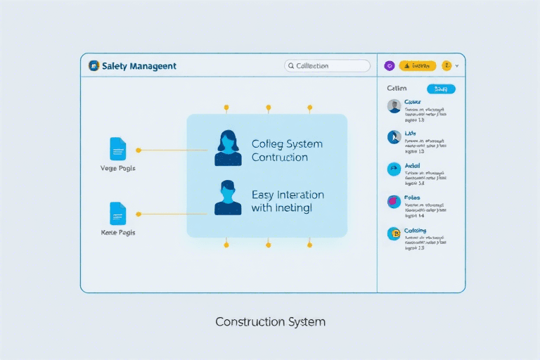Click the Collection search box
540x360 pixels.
click(327, 65)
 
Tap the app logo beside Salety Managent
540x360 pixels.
click(94, 65)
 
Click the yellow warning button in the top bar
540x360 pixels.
click(418, 65)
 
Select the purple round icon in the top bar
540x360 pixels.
click(390, 65)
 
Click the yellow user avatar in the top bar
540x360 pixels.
click(447, 65)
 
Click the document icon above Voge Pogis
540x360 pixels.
click(117, 149)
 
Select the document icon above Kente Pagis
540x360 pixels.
click(117, 213)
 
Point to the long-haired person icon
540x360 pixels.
click(227, 148)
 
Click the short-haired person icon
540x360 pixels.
click(227, 198)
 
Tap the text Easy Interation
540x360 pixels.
click(288, 194)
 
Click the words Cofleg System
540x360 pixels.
click(287, 143)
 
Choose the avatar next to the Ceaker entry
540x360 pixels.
click(394, 106)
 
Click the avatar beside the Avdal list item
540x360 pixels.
click(394, 169)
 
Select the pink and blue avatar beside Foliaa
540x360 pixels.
click(394, 202)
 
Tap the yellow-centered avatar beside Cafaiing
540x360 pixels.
click(394, 234)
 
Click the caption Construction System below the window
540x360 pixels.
click(270, 322)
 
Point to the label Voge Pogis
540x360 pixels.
click(118, 169)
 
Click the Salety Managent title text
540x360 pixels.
click(139, 66)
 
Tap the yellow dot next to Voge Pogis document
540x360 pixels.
click(139, 150)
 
